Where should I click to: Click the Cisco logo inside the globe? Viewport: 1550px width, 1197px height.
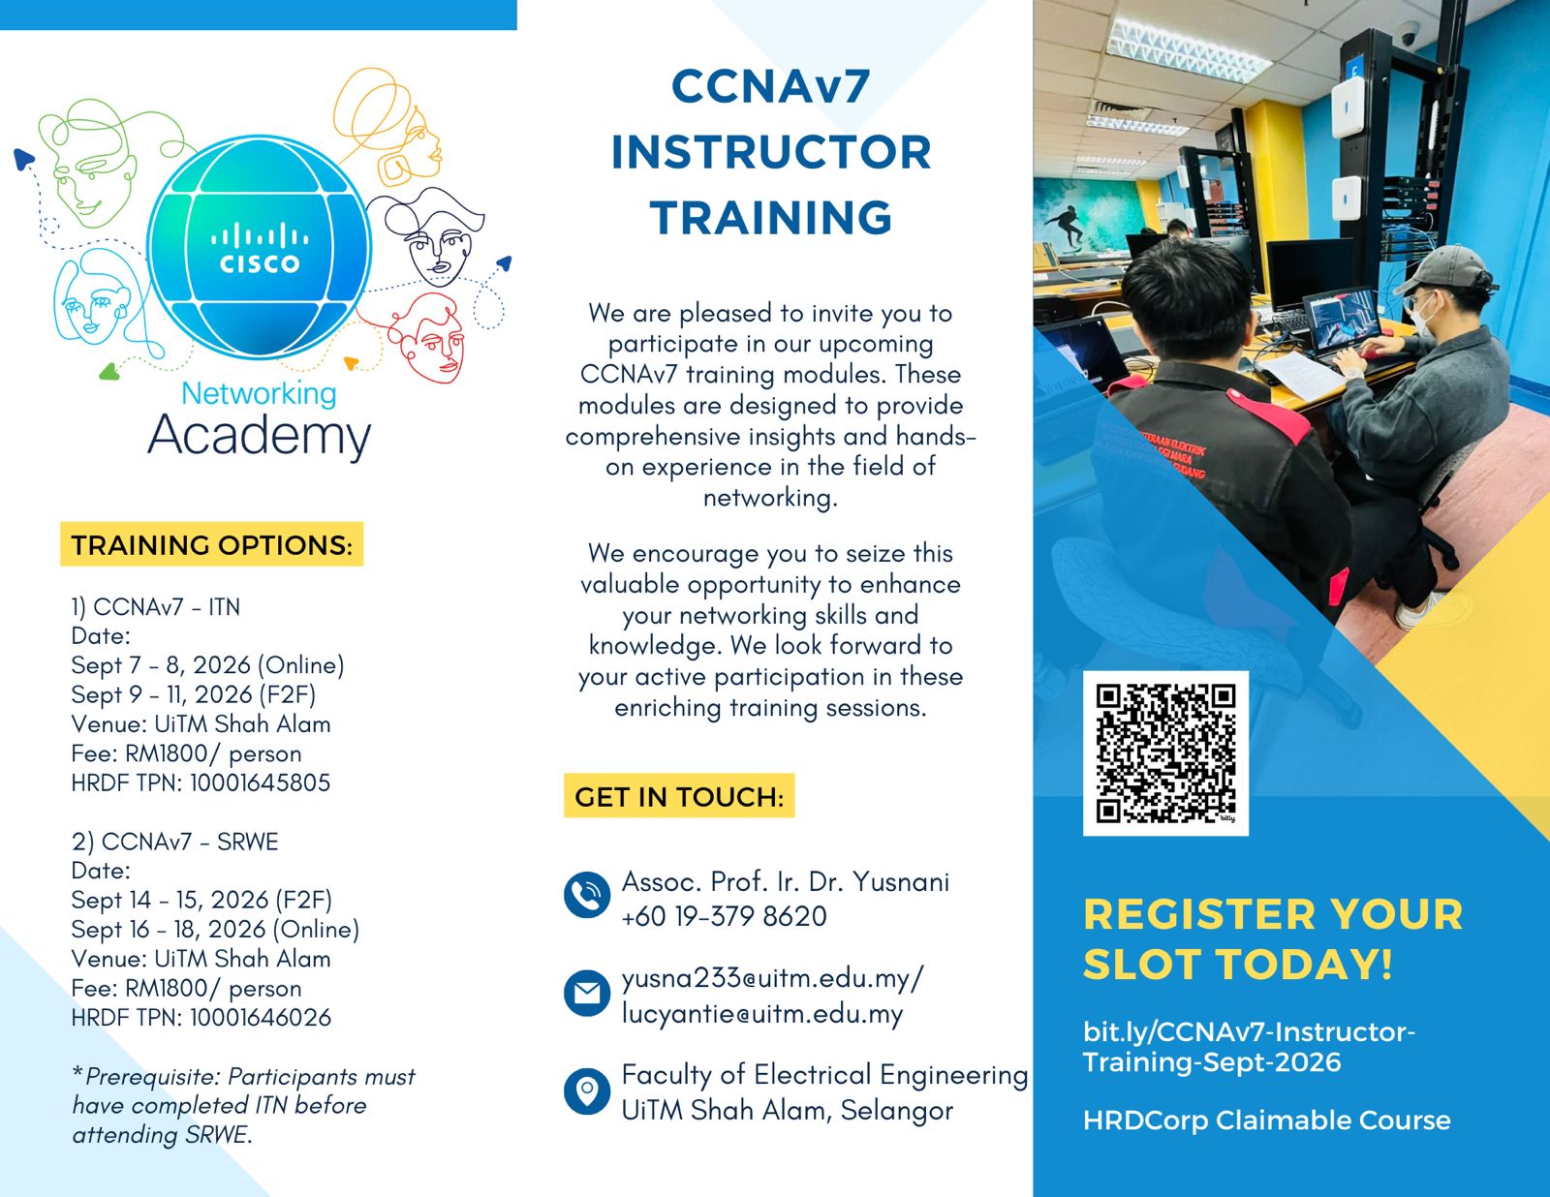259,248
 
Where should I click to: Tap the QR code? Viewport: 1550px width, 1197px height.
1164,752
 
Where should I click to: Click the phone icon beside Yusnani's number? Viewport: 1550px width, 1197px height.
586,895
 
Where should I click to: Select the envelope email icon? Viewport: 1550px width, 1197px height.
586,993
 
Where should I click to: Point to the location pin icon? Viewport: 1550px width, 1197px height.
586,1090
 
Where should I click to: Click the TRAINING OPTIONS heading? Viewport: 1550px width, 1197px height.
212,544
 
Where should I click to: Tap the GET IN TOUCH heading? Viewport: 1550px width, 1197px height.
679,796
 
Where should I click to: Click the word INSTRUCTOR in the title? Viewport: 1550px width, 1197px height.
771,152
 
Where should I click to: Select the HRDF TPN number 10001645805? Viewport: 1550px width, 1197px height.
261,783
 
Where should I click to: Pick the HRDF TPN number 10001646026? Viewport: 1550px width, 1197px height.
261,1017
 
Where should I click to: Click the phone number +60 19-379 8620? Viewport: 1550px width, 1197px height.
724,916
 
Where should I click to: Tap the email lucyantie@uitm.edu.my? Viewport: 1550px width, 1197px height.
762,1014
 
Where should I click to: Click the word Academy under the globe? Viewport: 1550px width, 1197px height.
260,436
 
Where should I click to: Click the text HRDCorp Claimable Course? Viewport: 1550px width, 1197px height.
1267,1120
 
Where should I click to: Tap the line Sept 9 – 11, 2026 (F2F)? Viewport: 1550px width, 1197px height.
194,694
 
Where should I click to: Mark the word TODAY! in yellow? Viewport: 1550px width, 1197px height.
1303,965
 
